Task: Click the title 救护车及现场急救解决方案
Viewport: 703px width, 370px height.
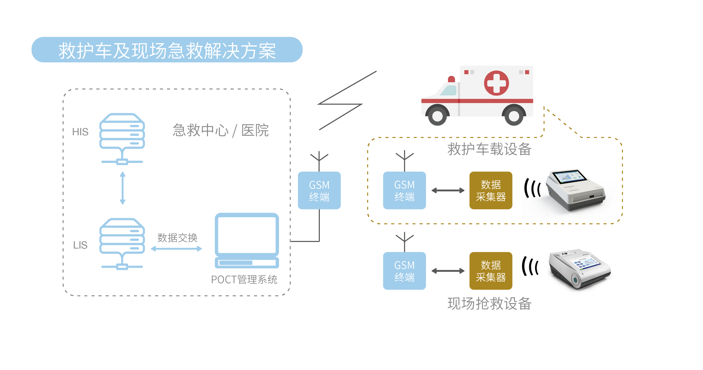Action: point(167,50)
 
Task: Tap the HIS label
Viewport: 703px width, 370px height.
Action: point(80,132)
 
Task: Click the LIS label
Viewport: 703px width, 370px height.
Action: point(80,245)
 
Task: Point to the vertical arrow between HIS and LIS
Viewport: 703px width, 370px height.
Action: point(123,188)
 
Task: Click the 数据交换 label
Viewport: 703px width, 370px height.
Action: point(177,238)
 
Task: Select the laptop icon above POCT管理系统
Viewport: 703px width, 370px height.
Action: point(247,240)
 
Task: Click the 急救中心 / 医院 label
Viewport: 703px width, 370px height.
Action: point(221,130)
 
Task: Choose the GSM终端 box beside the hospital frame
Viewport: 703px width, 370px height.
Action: point(319,190)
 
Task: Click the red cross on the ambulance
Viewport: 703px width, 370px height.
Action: point(496,83)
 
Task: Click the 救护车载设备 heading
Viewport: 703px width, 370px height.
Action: point(489,149)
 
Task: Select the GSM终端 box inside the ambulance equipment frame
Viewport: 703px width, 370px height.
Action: point(404,190)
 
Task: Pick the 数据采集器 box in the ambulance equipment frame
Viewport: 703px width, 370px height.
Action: point(491,190)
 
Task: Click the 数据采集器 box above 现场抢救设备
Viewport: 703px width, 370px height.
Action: point(491,271)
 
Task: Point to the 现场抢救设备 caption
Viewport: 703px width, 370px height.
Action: point(489,304)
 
